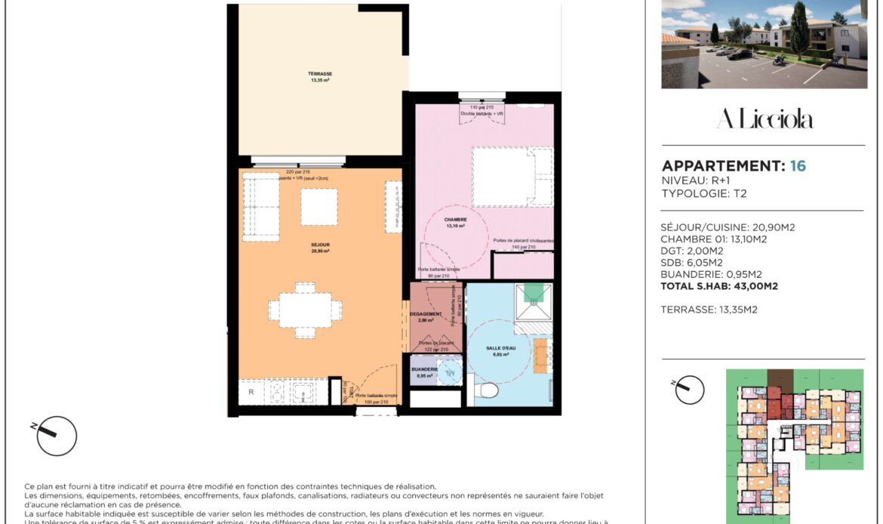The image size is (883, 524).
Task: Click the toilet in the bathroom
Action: [488, 390]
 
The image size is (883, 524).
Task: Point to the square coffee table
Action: [319, 206]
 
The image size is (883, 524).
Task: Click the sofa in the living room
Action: [259, 205]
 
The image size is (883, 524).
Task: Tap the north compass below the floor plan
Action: [57, 436]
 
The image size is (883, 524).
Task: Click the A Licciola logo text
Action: [764, 119]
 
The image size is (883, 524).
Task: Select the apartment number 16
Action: [798, 166]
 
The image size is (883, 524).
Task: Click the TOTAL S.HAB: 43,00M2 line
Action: [719, 286]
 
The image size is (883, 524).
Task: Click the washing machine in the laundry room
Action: [449, 372]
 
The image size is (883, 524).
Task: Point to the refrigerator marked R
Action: [251, 393]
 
